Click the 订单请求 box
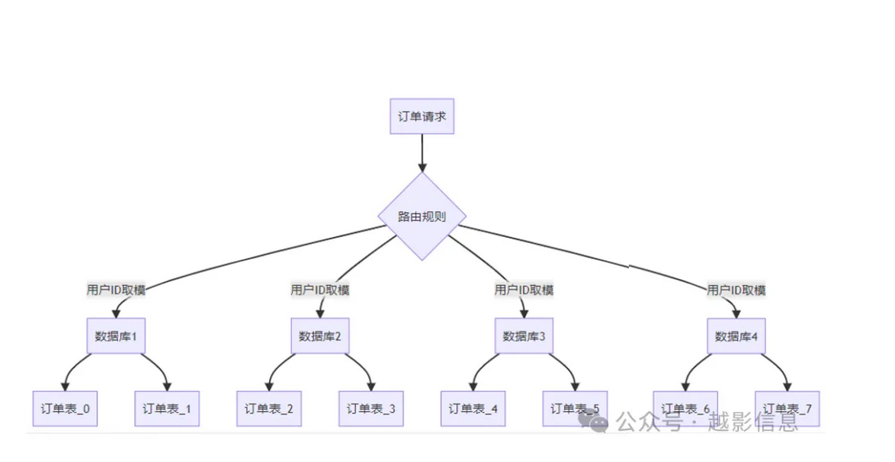pos(422,117)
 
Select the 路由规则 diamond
pos(422,216)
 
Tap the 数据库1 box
pos(116,335)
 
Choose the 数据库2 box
pos(320,335)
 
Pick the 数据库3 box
pos(524,335)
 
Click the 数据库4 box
pos(736,335)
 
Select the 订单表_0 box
pos(65,409)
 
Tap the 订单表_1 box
pos(167,409)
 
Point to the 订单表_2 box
pos(269,409)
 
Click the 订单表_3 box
pos(371,409)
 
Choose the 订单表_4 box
pos(473,409)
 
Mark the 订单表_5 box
pos(575,409)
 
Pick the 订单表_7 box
pos(787,409)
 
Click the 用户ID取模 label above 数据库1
pos(116,290)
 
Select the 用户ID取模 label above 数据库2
pos(320,290)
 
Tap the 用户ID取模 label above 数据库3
pos(524,290)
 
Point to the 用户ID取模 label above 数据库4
pos(736,290)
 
